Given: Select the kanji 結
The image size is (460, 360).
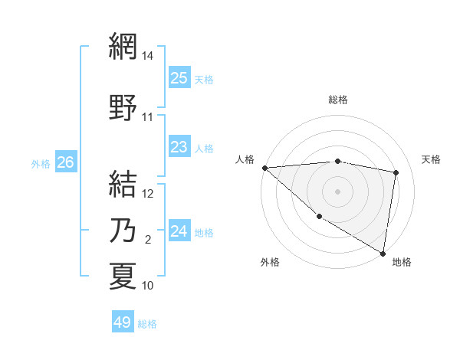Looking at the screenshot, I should (123, 184).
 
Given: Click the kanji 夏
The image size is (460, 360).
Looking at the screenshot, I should (123, 276).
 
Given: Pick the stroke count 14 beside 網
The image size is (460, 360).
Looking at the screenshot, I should (148, 56).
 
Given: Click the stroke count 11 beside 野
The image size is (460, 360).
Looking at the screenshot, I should (148, 117).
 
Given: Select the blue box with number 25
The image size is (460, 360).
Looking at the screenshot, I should (179, 78).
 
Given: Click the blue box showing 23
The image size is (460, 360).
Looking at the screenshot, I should (179, 147).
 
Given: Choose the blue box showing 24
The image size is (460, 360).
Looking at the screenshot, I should (179, 231).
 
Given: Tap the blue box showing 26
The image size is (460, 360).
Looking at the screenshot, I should (66, 162).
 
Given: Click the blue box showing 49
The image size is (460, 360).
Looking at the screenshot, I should (123, 322).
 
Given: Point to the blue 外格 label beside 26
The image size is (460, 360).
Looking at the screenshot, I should (41, 163).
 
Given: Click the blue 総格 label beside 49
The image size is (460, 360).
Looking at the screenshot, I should (147, 324).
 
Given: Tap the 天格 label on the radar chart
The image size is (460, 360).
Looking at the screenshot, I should (432, 159).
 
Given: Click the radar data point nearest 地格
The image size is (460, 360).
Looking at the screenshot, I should (383, 253).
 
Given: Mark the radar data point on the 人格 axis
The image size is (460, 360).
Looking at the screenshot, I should (264, 168).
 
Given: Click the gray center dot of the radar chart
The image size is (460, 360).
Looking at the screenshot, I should (337, 191).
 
